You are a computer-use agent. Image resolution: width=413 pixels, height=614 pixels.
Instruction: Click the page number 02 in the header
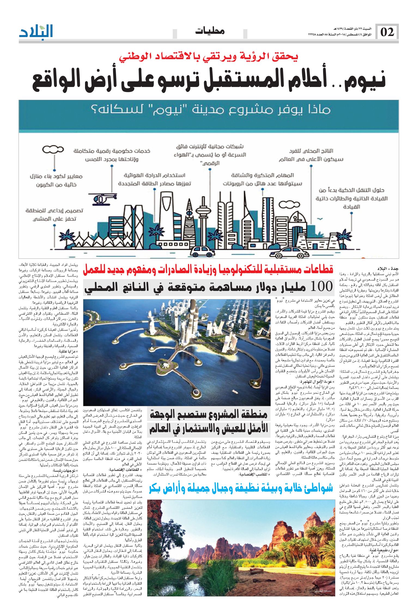pyautogui.click(x=387, y=32)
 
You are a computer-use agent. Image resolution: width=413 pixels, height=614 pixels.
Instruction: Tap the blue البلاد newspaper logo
pyautogui.click(x=36, y=32)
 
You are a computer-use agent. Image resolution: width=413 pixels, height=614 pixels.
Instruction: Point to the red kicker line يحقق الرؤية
pyautogui.click(x=208, y=56)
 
